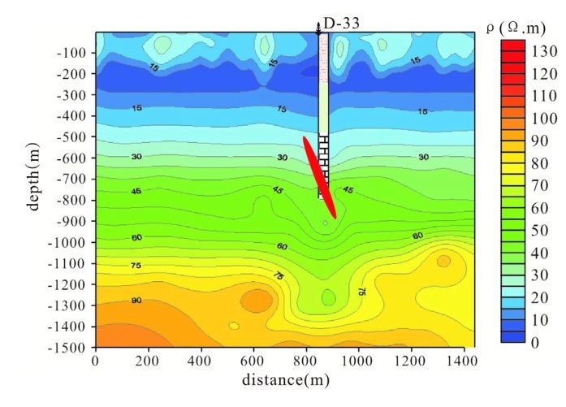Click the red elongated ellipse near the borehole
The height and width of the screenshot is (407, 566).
click(319, 177)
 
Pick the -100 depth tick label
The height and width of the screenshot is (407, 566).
click(76, 52)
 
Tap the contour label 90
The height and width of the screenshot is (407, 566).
click(136, 301)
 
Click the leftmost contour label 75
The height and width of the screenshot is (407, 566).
click(136, 265)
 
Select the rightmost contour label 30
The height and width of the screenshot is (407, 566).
click(423, 157)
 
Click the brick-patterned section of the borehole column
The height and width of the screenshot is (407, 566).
click(323, 162)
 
